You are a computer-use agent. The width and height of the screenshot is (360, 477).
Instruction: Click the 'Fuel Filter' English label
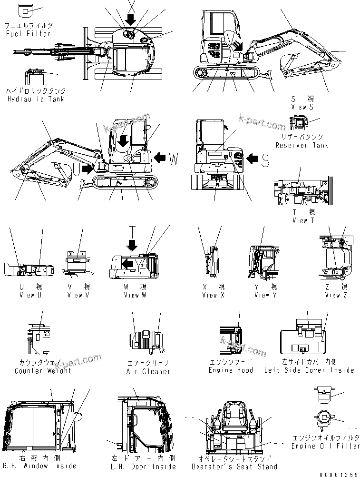pos(28,34)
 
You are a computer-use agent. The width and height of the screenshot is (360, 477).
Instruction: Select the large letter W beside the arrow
pos(174,159)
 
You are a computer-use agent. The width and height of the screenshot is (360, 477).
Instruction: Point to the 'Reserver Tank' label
pos(302,145)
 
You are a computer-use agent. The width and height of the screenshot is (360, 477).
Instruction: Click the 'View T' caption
pos(303,220)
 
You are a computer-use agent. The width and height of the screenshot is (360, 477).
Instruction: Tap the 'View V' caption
pos(78,295)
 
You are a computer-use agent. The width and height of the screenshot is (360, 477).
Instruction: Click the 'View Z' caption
pos(336,295)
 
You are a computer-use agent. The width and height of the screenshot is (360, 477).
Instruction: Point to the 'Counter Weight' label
pos(43,371)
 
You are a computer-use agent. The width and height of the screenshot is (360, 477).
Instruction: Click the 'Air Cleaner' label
pos(148,371)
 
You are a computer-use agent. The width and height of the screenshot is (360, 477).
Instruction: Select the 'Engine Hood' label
pos(231,370)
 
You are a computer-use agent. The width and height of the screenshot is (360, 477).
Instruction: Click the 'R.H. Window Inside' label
pos(39,466)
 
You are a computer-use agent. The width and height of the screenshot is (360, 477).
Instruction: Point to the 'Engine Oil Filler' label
pos(326,446)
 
